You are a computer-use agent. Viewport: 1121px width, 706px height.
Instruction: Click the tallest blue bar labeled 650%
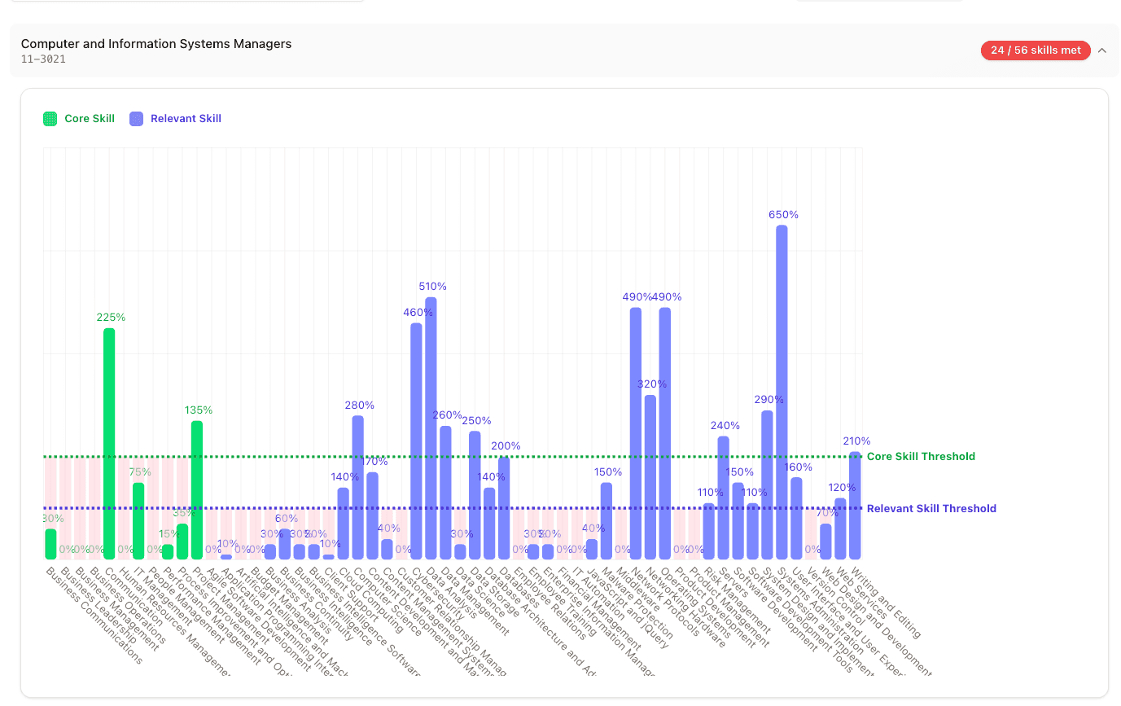(782, 391)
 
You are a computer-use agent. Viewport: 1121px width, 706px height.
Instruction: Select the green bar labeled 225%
(109, 444)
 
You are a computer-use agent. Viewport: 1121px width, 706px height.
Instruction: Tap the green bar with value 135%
(197, 489)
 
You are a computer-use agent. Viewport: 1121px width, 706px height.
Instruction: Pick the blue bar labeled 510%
(431, 428)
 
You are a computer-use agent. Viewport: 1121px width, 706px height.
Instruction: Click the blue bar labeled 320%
(650, 476)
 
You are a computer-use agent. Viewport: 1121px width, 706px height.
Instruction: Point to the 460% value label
(418, 313)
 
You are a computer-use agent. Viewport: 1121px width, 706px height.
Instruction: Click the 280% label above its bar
(359, 405)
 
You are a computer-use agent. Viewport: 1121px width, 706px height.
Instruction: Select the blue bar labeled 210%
(855, 505)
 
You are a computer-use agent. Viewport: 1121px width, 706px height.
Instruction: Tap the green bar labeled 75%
(138, 521)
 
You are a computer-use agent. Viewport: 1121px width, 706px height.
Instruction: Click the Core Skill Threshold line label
(921, 457)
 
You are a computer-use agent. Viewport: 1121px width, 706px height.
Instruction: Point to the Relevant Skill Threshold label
(931, 509)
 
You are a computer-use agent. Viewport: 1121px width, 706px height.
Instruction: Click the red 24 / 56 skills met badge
(1036, 50)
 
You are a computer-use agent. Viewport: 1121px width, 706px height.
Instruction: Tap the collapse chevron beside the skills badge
(1102, 50)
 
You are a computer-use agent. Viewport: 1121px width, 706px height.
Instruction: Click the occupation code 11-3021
(44, 59)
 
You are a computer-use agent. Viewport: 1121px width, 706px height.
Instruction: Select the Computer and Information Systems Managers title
(156, 44)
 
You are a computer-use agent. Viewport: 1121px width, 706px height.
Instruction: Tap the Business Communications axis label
(94, 615)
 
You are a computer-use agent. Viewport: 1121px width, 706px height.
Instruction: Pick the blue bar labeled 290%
(767, 485)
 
